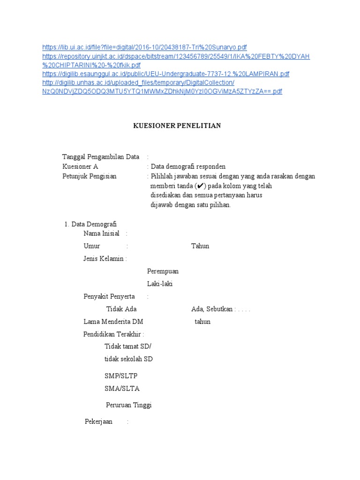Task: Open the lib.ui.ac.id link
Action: coord(144,47)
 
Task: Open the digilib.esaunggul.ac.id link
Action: coord(166,74)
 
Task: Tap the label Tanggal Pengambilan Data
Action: coord(101,157)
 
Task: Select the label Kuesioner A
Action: coord(81,166)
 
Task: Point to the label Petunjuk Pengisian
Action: coord(89,176)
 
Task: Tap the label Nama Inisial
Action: coord(101,233)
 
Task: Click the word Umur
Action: coord(92,246)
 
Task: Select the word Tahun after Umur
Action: coord(200,246)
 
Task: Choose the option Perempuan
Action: coord(163,271)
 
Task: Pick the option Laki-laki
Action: coord(160,284)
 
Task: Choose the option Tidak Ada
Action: coord(121,309)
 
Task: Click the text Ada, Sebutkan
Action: coord(212,309)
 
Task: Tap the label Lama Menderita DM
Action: coord(113,322)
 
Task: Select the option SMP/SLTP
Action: coord(121,376)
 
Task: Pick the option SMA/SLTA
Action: coord(122,389)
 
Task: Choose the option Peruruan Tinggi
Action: coord(129,405)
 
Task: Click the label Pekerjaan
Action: coord(98,422)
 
